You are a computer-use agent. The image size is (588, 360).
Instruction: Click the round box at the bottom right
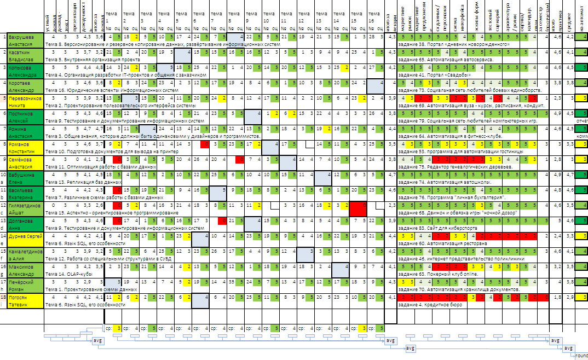tap(580, 356)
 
